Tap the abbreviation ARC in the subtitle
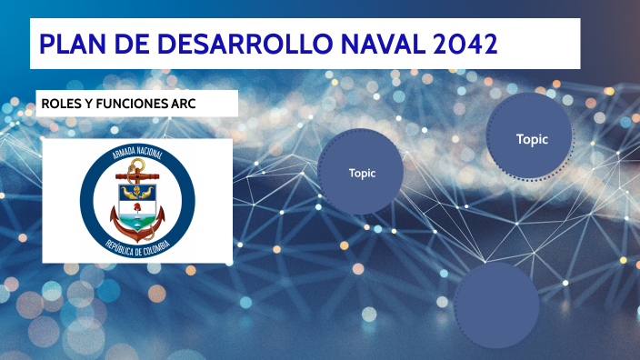click(x=184, y=104)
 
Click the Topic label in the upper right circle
click(x=532, y=139)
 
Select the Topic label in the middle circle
click(x=362, y=173)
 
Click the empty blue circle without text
click(x=496, y=305)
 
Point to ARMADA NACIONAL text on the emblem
click(x=137, y=151)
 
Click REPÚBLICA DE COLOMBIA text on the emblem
click(x=137, y=248)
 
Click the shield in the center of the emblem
click(x=137, y=207)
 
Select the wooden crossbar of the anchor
click(x=137, y=176)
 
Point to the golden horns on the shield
click(x=137, y=192)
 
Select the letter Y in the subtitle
click(x=88, y=104)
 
